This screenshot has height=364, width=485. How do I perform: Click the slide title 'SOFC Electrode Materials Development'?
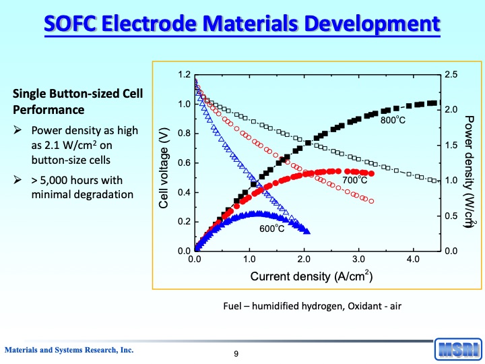(x=243, y=25)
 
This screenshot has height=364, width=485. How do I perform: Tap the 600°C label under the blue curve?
(x=272, y=229)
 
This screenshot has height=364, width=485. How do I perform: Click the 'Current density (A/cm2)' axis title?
(x=312, y=276)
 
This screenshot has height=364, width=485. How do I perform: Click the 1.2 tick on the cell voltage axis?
(x=183, y=75)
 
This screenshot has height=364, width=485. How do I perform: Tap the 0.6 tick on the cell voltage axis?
(x=183, y=163)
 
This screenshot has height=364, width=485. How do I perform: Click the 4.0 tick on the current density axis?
(x=413, y=259)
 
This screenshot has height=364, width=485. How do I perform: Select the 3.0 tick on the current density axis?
(x=358, y=259)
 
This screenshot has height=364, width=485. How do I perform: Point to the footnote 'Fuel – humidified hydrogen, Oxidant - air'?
(x=312, y=306)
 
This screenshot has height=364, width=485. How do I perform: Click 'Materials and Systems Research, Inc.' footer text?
(x=69, y=350)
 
